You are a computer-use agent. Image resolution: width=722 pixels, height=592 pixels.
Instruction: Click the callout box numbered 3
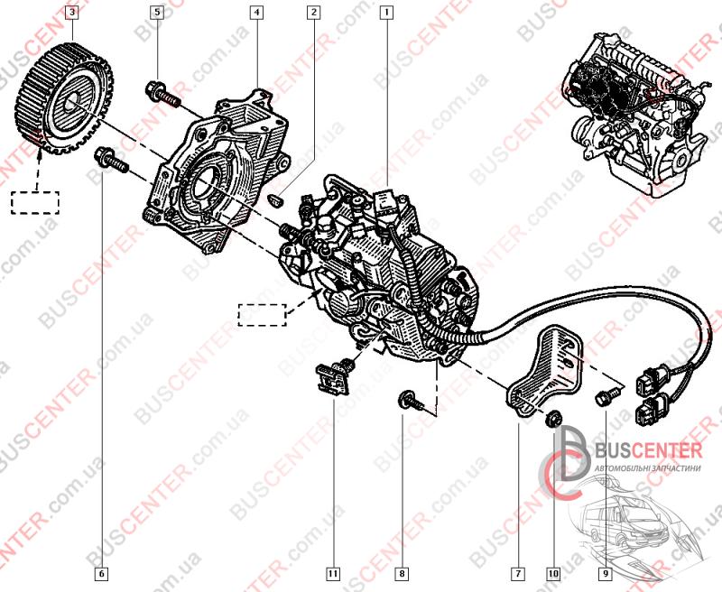tap(72, 13)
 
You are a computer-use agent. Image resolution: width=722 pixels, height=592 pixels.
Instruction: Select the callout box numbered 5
tap(157, 13)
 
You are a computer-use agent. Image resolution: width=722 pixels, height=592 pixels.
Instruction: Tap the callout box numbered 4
tap(257, 13)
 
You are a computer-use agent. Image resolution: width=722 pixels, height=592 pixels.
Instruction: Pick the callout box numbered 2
tap(313, 13)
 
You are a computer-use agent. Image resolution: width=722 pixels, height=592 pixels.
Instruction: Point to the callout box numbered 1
tap(387, 13)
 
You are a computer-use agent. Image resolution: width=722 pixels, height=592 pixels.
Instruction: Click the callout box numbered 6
tap(101, 572)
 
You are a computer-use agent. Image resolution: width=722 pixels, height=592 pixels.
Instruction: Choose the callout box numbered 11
tap(333, 572)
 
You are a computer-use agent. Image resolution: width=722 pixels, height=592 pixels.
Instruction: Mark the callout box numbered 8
tap(403, 572)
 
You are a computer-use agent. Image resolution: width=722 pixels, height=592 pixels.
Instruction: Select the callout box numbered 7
tap(518, 572)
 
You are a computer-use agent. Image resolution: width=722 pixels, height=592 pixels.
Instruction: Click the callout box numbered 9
tap(605, 572)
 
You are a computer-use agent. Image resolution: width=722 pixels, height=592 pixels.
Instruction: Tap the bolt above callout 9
tap(606, 394)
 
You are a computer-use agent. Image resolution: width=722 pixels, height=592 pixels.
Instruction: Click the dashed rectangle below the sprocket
tap(34, 200)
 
